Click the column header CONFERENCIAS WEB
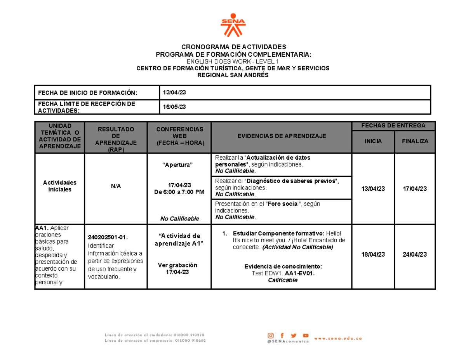[x=179, y=136]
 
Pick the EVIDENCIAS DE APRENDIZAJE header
[x=282, y=136]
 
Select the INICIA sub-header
[x=373, y=141]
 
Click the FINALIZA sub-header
[x=415, y=141]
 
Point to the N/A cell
[x=116, y=186]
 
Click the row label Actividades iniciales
[x=59, y=186]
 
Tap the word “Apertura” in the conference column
[x=179, y=165]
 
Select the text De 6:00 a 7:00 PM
[x=179, y=192]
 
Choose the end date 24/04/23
[x=415, y=254]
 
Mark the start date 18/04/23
[x=373, y=254]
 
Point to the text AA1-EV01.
[x=299, y=273]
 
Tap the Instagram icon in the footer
[x=271, y=336]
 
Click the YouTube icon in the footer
[x=306, y=336]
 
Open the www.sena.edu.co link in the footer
[x=338, y=339]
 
